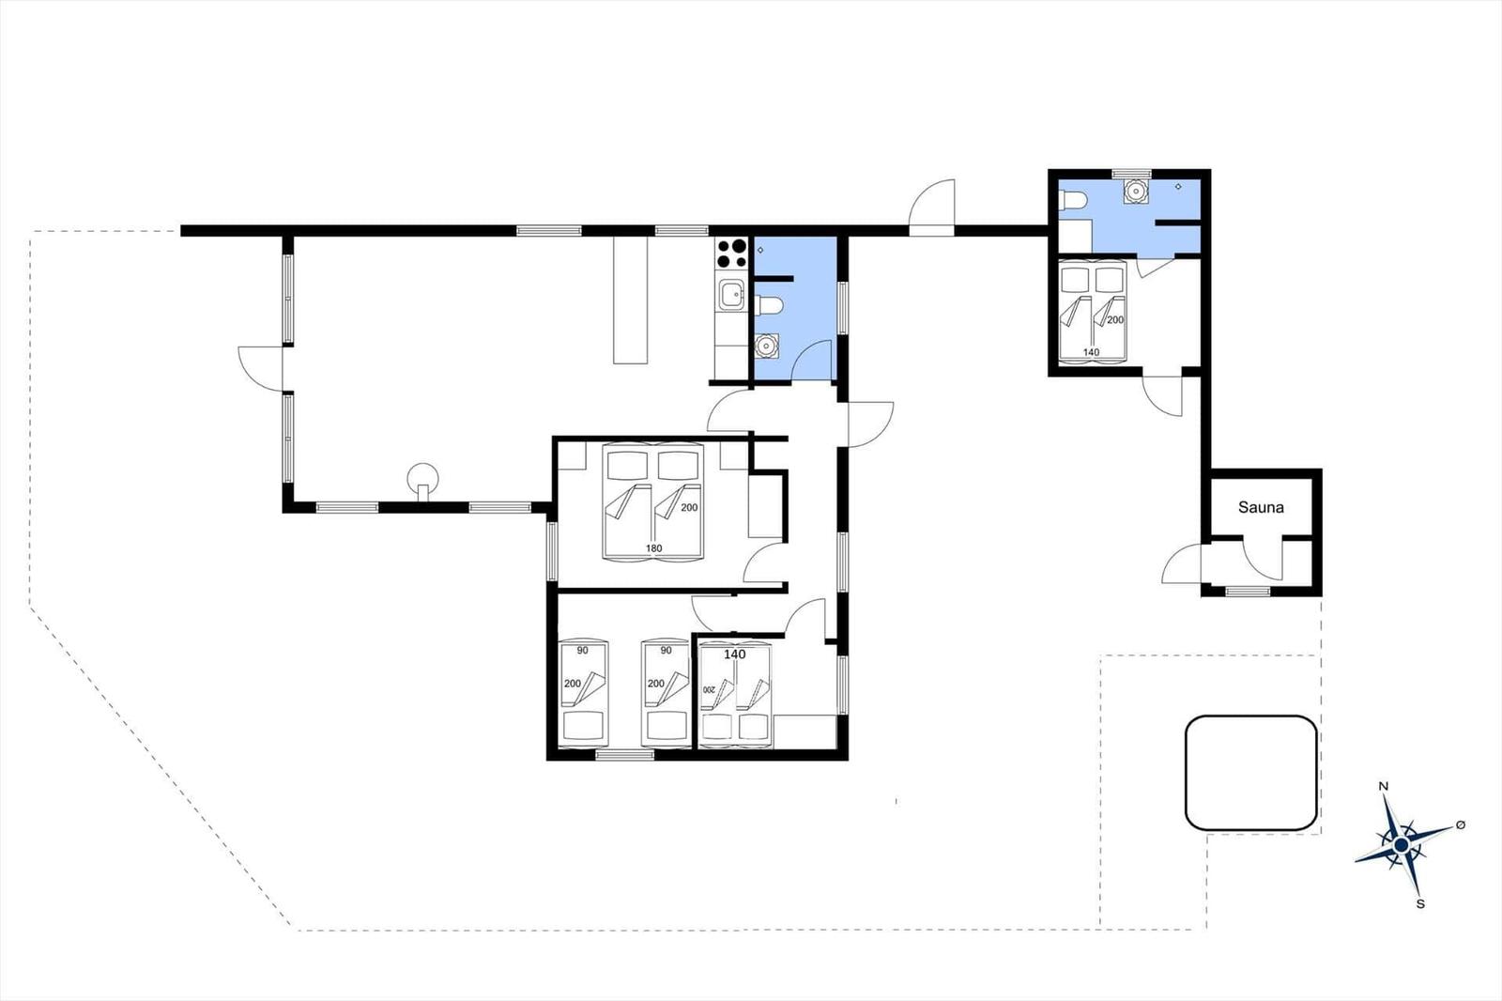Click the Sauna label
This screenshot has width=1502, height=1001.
click(x=1261, y=507)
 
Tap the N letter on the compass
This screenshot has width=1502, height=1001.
click(x=1384, y=786)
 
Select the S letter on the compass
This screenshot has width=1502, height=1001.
click(x=1420, y=903)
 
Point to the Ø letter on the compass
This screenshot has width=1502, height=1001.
click(x=1461, y=824)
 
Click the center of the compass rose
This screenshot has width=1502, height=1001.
click(x=1402, y=845)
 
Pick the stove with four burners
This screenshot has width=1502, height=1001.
click(x=731, y=254)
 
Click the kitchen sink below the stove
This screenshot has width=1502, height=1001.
click(x=731, y=294)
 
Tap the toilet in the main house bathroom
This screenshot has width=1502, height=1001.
click(x=769, y=306)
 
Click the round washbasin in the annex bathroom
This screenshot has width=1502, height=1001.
click(x=1135, y=192)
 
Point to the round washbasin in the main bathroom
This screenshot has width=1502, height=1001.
click(x=765, y=346)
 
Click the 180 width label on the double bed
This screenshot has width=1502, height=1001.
click(x=653, y=548)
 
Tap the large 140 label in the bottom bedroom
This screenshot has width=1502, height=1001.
click(x=734, y=654)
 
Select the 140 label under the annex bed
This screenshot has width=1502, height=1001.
click(x=1091, y=352)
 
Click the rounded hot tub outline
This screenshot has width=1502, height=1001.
click(x=1251, y=773)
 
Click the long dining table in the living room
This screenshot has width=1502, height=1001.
click(x=630, y=300)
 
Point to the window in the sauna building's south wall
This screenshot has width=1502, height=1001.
click(x=1248, y=591)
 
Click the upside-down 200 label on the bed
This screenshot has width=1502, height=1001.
click(x=709, y=689)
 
